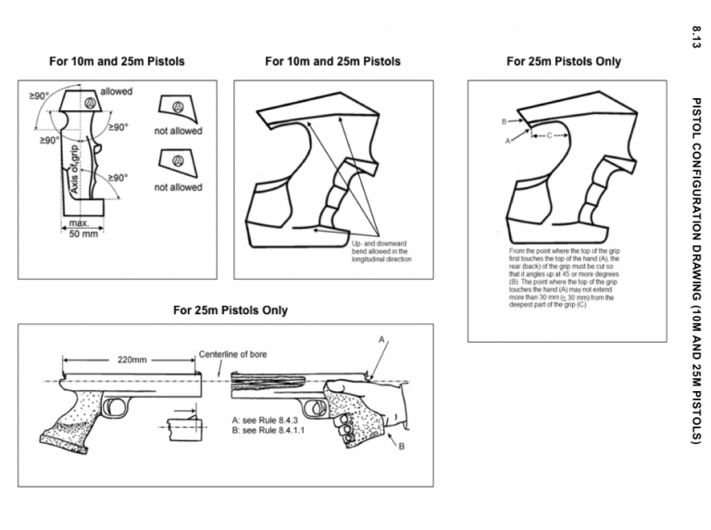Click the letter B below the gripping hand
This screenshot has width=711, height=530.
point(402,447)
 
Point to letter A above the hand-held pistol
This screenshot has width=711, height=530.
point(380,340)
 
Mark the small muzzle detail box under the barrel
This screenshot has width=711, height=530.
point(185,429)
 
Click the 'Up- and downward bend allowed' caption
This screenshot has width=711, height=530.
point(382,251)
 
